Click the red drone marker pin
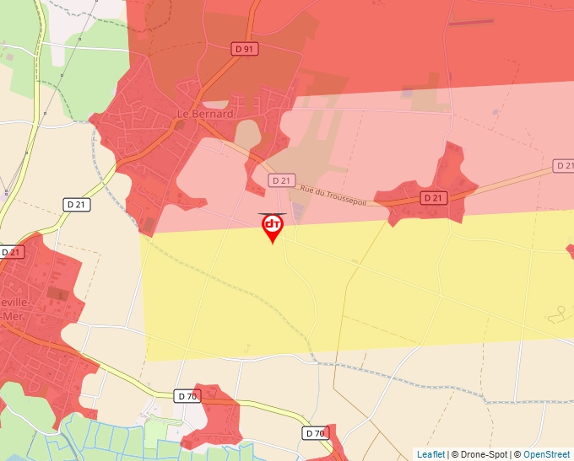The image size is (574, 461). pyautogui.click(x=272, y=227)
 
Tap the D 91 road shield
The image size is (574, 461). pyautogui.click(x=245, y=49)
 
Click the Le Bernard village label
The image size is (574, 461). pyautogui.click(x=205, y=114)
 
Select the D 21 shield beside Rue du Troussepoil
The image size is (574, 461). pyautogui.click(x=281, y=180)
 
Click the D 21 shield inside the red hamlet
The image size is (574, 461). pyautogui.click(x=432, y=197)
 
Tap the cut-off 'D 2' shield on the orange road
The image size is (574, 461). pyautogui.click(x=564, y=165)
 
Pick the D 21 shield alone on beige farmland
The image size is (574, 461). pyautogui.click(x=77, y=204)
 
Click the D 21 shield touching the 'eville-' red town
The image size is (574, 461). pyautogui.click(x=12, y=251)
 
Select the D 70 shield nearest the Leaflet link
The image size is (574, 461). pyautogui.click(x=314, y=433)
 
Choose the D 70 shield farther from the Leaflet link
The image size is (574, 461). pyautogui.click(x=188, y=395)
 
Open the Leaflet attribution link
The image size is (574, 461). pyautogui.click(x=430, y=454)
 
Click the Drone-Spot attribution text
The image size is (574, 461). pyautogui.click(x=479, y=454)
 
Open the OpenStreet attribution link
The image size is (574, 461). pyautogui.click(x=546, y=454)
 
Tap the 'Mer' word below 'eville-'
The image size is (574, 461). pyautogui.click(x=10, y=316)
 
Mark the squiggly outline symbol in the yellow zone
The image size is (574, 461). pyautogui.click(x=559, y=314)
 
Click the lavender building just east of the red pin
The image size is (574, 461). pyautogui.click(x=297, y=212)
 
